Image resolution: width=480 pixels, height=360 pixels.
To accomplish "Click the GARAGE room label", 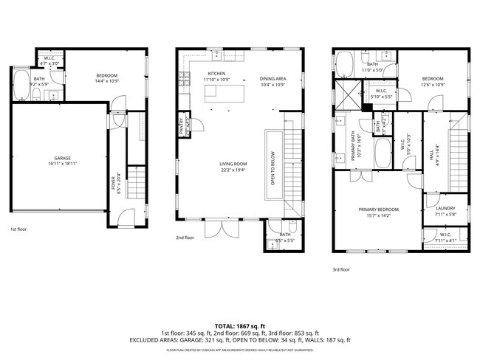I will click(x=61, y=158).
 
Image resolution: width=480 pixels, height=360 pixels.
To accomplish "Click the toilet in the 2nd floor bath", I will click(x=292, y=227).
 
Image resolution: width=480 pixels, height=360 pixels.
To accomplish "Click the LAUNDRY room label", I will click(x=445, y=209).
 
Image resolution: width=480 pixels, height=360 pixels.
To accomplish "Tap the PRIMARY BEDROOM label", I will click(x=379, y=210).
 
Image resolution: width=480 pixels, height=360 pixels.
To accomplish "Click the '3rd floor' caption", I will click(x=340, y=270).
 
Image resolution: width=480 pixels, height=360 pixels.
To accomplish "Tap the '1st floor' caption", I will click(x=19, y=229).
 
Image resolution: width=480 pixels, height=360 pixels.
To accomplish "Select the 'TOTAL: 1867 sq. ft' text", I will click(x=240, y=325).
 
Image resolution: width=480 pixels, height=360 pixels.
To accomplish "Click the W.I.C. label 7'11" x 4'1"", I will click(x=445, y=240).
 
